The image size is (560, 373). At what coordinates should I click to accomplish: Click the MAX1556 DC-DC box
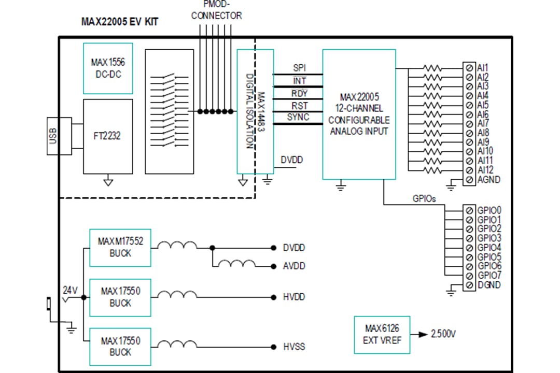pos(108,67)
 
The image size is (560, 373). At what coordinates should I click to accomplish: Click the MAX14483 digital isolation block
pos(255,112)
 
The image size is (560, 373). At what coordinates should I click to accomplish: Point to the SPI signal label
pos(300,68)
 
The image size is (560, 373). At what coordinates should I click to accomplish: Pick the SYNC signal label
pos(299,117)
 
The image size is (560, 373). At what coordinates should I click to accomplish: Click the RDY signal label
pos(300,93)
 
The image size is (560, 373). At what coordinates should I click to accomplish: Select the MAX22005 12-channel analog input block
pos(359,114)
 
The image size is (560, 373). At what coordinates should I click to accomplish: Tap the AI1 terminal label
pos(483,68)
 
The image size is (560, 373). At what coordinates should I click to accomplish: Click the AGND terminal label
pos(488,180)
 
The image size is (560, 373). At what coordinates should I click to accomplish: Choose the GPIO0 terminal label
pos(489,210)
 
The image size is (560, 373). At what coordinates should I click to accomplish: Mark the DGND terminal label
pos(488,285)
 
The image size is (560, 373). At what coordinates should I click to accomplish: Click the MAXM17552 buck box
pos(120,248)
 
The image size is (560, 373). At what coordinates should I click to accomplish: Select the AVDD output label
pos(294,266)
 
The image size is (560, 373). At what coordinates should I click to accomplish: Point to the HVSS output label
pos(294,347)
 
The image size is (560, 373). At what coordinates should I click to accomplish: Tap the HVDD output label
pos(294,297)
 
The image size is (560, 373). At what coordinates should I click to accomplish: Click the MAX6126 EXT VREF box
pos(382,335)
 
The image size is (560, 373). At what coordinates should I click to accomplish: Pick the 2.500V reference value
pos(443,334)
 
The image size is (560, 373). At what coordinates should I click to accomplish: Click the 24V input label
pos(70,290)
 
